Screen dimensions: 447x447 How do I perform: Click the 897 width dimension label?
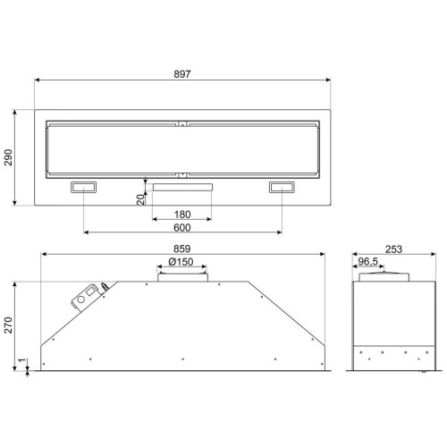tap(182, 74)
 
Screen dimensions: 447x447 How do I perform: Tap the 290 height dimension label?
tap(8, 157)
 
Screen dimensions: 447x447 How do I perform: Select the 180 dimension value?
tap(182, 215)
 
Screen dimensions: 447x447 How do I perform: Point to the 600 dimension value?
tap(182, 228)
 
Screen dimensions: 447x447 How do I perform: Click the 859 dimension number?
tap(182, 249)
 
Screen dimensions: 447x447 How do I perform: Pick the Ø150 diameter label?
tap(181, 262)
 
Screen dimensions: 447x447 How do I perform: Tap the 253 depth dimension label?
tap(393, 249)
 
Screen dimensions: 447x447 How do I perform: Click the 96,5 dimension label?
tap(368, 261)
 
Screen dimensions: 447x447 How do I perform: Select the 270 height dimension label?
tap(8, 325)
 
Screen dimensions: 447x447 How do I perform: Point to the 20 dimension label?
tap(140, 199)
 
